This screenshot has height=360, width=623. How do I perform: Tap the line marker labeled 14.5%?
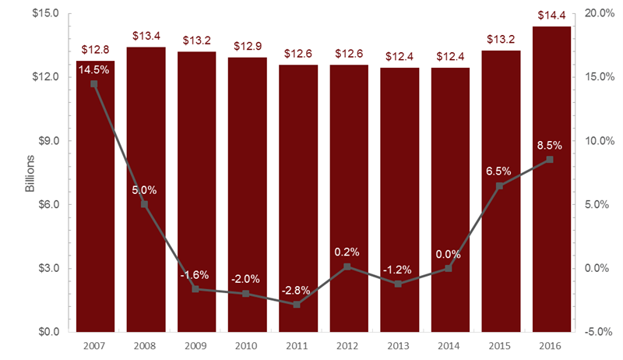pyautogui.click(x=95, y=83)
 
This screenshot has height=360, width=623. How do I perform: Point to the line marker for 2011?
pyautogui.click(x=297, y=304)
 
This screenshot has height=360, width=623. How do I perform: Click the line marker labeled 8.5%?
pyautogui.click(x=550, y=159)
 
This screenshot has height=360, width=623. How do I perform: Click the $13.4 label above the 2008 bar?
pyautogui.click(x=146, y=35)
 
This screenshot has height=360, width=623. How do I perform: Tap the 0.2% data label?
pyautogui.click(x=348, y=252)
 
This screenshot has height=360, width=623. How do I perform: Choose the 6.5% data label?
pyautogui.click(x=500, y=171)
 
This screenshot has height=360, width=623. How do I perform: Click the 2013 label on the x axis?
pyautogui.click(x=399, y=344)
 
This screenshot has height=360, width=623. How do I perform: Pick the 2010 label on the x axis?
pyautogui.click(x=247, y=344)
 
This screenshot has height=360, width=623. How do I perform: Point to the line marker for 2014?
pyautogui.click(x=449, y=268)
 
